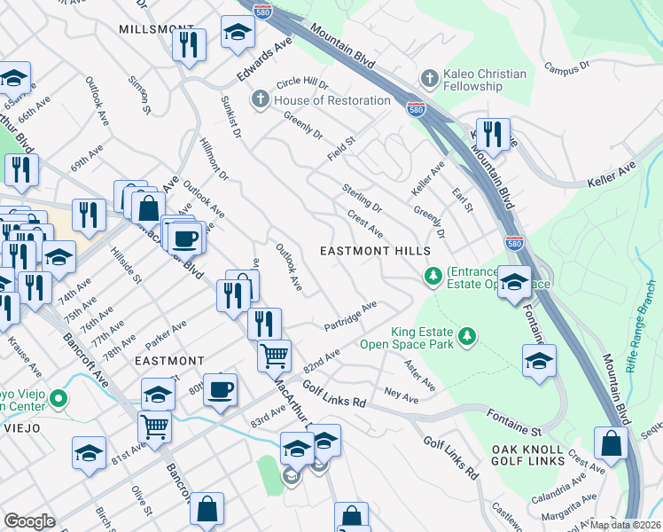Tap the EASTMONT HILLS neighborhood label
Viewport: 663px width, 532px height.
(x=382, y=252)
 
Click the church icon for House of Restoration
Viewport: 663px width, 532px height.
(x=261, y=100)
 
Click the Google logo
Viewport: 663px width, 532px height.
(x=29, y=520)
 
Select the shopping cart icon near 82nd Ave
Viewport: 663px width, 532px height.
(x=274, y=356)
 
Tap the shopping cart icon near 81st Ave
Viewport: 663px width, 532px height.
(x=155, y=426)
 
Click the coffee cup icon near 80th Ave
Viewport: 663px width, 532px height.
(x=220, y=388)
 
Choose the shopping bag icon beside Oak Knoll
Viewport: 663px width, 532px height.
(x=611, y=445)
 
